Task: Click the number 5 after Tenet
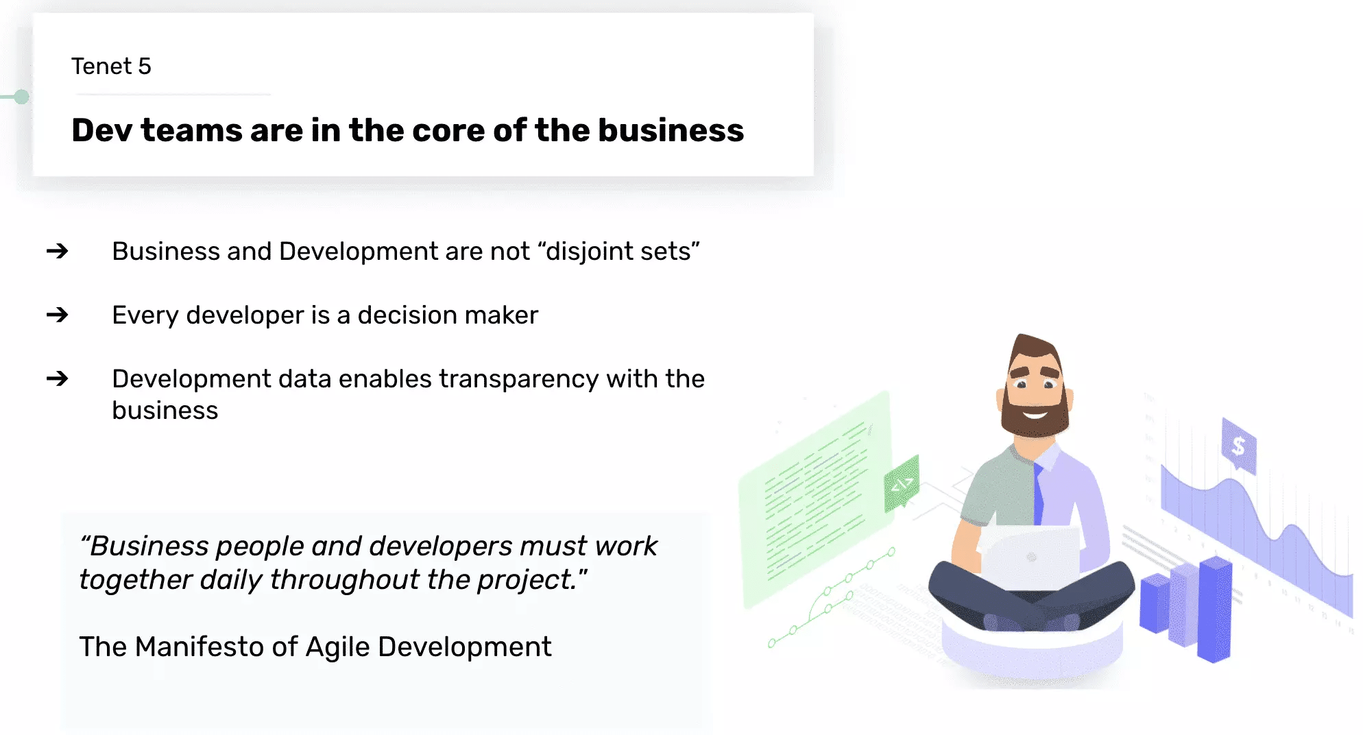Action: (144, 67)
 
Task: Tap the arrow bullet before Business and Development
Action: (58, 251)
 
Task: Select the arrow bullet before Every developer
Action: (58, 315)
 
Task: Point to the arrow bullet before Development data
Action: (58, 378)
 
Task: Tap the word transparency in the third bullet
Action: (518, 379)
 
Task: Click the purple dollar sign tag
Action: (1238, 446)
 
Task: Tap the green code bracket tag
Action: (902, 484)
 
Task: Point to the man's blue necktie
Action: (1039, 494)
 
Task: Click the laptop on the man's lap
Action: (1030, 557)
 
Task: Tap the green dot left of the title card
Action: (22, 97)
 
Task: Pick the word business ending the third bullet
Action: (165, 411)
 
